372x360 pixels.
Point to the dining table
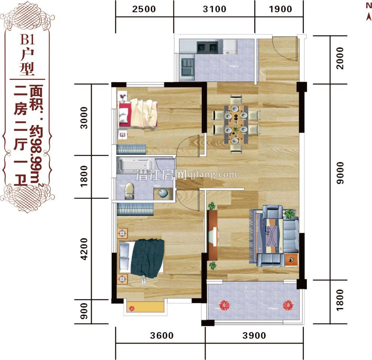(x=235, y=124)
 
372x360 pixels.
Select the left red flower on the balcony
(x=224, y=305)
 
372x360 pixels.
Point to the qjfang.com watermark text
(x=213, y=174)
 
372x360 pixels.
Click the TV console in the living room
(x=213, y=235)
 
